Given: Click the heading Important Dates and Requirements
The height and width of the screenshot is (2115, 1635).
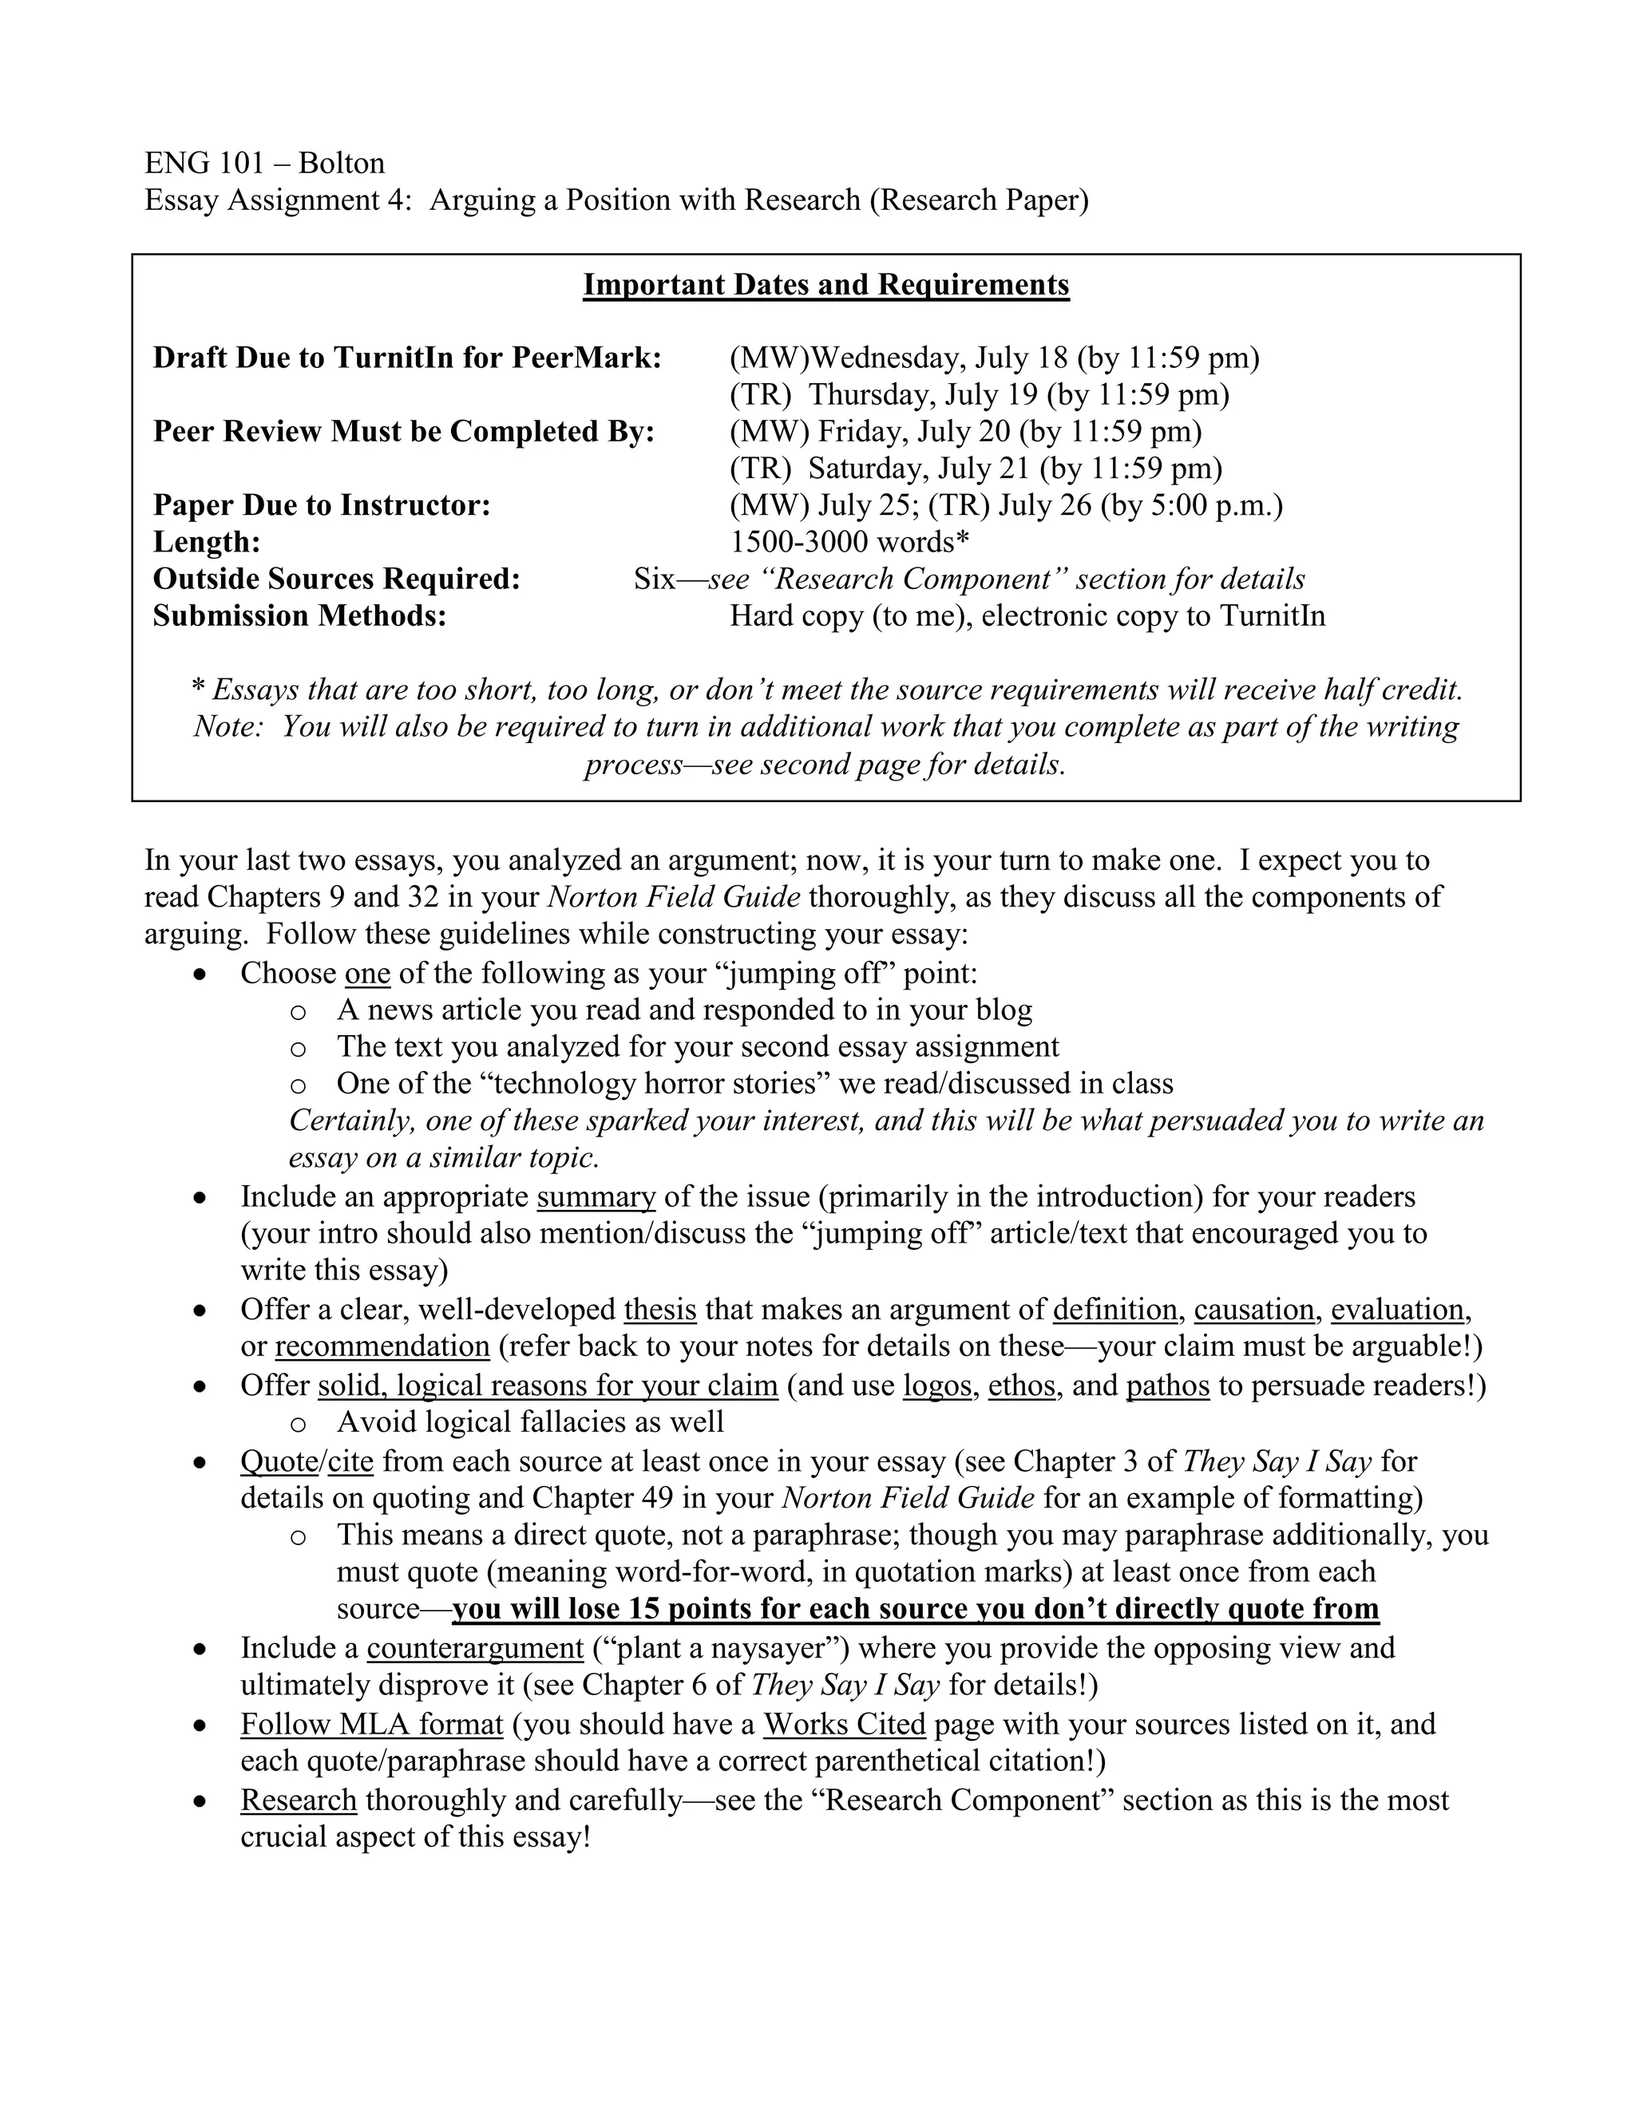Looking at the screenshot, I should [825, 285].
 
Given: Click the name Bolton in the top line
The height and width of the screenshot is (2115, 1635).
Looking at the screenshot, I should [341, 163].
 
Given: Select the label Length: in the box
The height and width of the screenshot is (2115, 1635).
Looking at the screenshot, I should [206, 541].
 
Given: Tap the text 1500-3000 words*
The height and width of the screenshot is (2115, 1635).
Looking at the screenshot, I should [849, 541].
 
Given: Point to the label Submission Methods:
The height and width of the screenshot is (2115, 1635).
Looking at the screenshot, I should [299, 616].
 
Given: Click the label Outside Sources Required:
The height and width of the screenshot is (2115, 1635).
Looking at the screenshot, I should [336, 579].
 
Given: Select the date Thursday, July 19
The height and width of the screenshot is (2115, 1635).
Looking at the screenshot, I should [923, 395].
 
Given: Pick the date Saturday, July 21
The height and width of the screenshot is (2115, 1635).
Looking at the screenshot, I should [919, 468].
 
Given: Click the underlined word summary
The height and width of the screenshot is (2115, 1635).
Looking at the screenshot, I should [596, 1197].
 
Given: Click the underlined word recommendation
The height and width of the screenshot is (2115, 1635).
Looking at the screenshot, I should [382, 1347].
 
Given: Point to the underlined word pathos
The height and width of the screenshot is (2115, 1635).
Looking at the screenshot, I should [1167, 1386].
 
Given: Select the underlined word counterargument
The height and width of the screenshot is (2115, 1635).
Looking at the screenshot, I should [475, 1648].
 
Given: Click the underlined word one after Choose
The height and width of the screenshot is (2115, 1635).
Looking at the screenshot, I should [367, 973].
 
